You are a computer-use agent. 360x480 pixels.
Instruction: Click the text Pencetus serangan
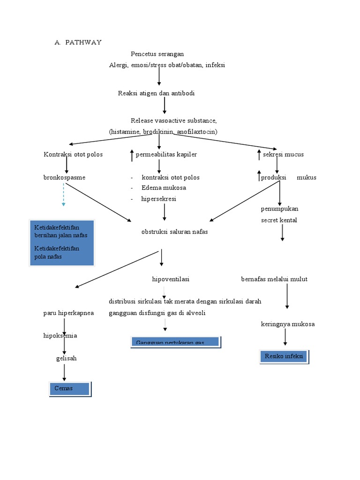pyautogui.click(x=157, y=54)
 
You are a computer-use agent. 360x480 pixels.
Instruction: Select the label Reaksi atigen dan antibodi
pyautogui.click(x=156, y=93)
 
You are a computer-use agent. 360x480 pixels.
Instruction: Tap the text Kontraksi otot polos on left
pyautogui.click(x=73, y=154)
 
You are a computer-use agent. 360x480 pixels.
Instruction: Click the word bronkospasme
pyautogui.click(x=64, y=178)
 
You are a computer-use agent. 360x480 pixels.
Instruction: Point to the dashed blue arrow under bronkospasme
pyautogui.click(x=64, y=195)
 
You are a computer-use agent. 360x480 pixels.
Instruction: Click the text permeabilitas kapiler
pyautogui.click(x=166, y=154)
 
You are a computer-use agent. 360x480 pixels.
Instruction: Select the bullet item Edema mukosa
pyautogui.click(x=164, y=188)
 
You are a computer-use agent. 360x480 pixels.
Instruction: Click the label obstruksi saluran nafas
pyautogui.click(x=174, y=232)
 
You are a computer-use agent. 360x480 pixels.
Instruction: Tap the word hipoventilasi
pyautogui.click(x=171, y=279)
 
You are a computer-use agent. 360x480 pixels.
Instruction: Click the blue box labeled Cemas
pyautogui.click(x=70, y=389)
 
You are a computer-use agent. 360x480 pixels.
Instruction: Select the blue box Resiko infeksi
pyautogui.click(x=284, y=357)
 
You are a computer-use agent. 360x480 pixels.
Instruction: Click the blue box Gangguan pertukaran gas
pyautogui.click(x=174, y=342)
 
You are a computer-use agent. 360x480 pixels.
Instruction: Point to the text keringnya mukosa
pyautogui.click(x=287, y=324)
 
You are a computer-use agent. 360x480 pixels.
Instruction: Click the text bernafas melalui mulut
pyautogui.click(x=274, y=279)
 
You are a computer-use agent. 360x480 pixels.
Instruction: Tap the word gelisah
pyautogui.click(x=66, y=358)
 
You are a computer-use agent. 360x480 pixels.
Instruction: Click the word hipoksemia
pyautogui.click(x=60, y=336)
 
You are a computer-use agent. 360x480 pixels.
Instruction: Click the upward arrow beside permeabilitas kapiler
pyautogui.click(x=132, y=155)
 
